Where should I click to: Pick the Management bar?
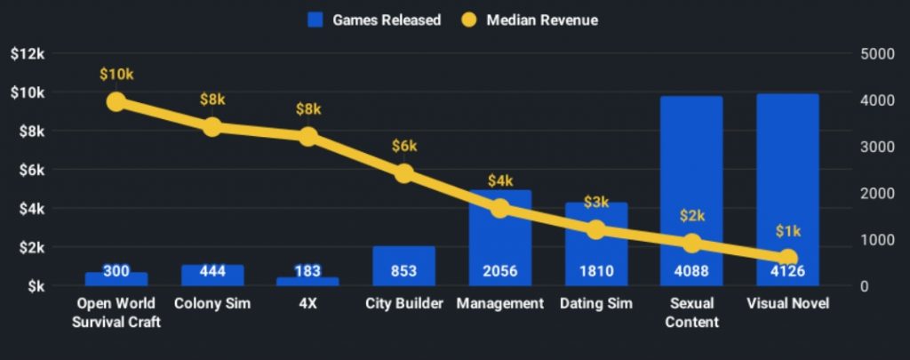click(500, 240)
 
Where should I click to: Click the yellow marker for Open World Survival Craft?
click(116, 101)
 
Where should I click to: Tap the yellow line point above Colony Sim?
click(212, 127)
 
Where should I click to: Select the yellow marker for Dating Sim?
click(596, 230)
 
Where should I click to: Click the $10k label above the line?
click(116, 74)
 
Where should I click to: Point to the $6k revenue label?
click(404, 146)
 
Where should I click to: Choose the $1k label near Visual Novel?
click(787, 231)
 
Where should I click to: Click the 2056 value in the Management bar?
click(500, 271)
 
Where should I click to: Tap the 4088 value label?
click(691, 271)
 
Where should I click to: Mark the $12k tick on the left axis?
click(28, 53)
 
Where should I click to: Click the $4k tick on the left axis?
click(31, 209)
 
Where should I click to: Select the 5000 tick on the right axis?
click(877, 53)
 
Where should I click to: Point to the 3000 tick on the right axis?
click(877, 147)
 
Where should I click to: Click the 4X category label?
click(307, 304)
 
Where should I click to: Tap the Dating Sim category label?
click(596, 304)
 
